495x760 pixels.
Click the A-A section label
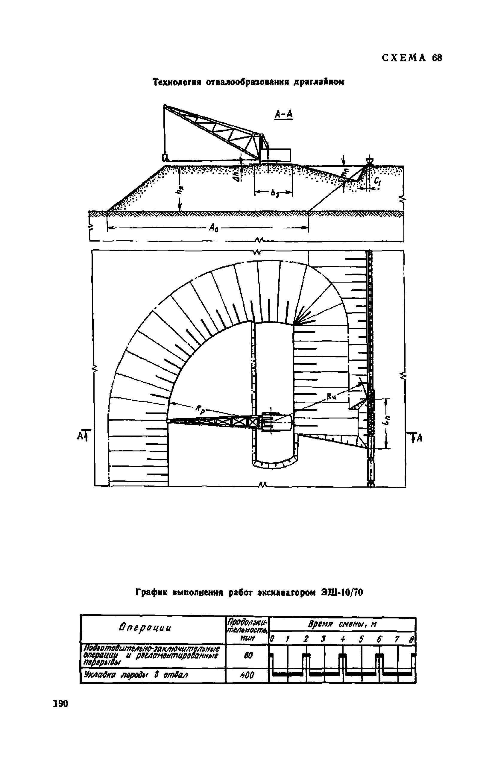(x=283, y=114)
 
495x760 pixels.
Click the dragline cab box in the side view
(x=275, y=155)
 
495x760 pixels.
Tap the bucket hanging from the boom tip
(x=165, y=158)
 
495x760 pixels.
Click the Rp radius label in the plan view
(x=200, y=410)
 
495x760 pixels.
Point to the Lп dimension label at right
(x=387, y=422)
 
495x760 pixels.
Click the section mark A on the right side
(x=417, y=437)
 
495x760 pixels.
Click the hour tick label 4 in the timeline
(x=343, y=639)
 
